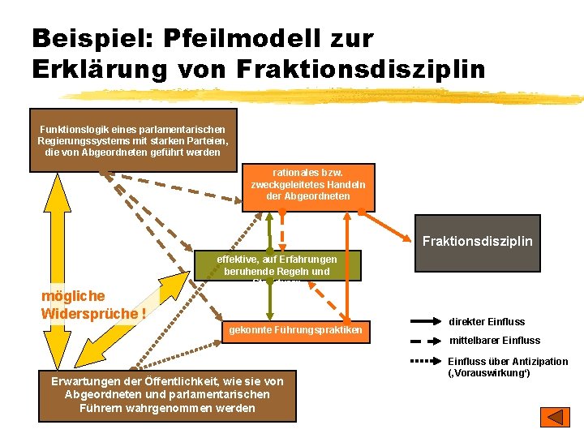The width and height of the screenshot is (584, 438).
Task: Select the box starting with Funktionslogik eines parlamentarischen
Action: click(x=133, y=140)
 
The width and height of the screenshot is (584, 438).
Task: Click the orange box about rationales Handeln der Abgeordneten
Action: click(x=308, y=186)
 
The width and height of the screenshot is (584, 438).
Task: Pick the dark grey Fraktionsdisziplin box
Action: click(x=477, y=242)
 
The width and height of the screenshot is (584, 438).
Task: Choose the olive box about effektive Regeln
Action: click(x=277, y=264)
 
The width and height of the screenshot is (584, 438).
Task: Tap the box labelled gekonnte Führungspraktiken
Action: click(x=294, y=329)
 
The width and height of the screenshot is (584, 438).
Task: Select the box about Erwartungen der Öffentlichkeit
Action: click(x=167, y=394)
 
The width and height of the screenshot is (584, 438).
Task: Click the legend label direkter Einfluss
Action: click(x=487, y=322)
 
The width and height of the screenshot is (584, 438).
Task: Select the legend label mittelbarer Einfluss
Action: click(x=494, y=341)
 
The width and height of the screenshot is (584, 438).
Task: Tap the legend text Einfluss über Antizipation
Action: click(x=508, y=362)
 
